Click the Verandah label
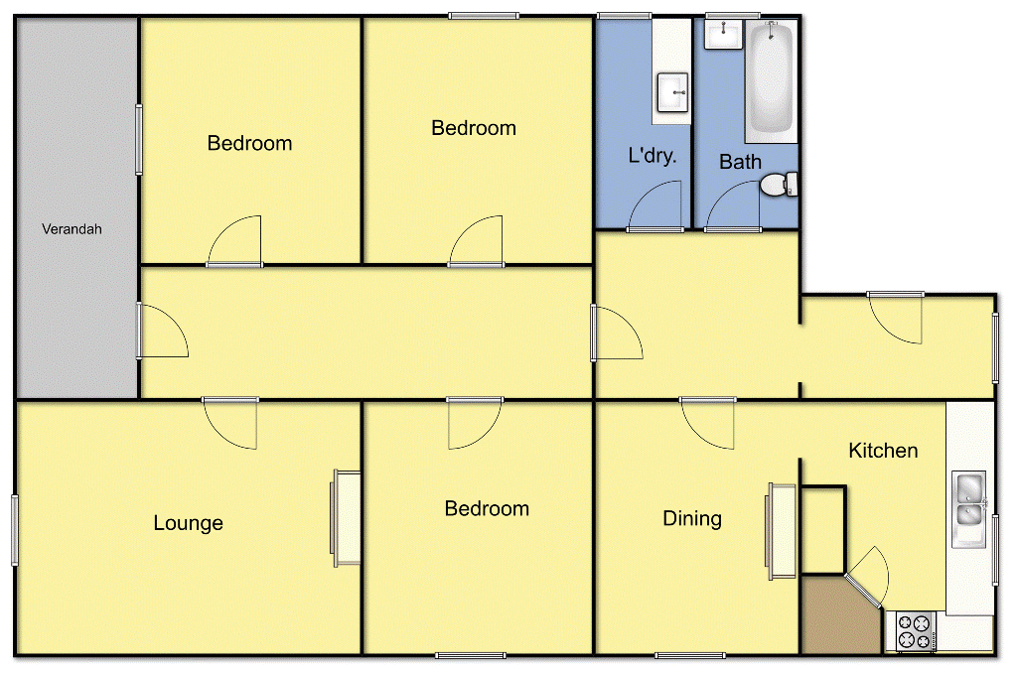72,229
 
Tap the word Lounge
188,523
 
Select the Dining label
692,518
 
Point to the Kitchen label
883,451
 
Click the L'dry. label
653,156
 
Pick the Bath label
740,162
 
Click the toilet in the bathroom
779,184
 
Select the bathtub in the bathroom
772,81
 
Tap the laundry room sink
674,93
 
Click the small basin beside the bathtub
724,34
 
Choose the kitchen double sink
967,499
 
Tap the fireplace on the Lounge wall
346,517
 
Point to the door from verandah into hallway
161,333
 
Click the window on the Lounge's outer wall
15,530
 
